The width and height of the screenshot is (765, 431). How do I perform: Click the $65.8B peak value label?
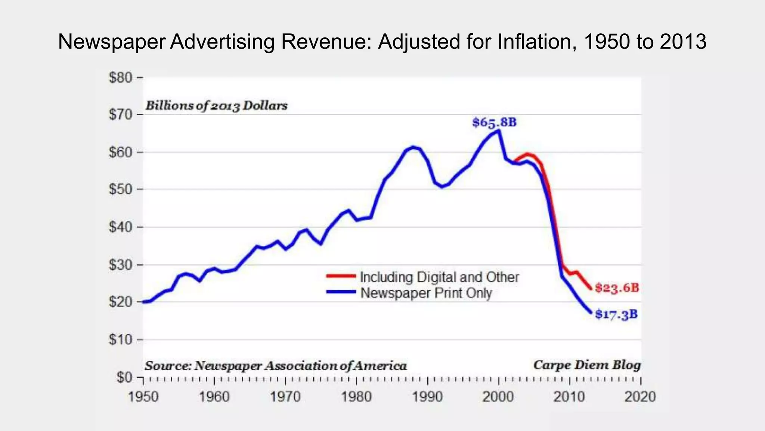pyautogui.click(x=494, y=122)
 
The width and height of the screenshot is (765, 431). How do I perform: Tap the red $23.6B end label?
pyautogui.click(x=617, y=288)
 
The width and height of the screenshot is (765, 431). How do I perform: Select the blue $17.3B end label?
pyautogui.click(x=616, y=314)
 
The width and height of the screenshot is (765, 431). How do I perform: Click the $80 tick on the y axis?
pyautogui.click(x=121, y=78)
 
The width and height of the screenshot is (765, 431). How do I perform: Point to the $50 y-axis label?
pyautogui.click(x=121, y=189)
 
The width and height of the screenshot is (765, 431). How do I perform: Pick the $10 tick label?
pyautogui.click(x=121, y=340)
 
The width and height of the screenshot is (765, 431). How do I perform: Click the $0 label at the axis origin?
pyautogui.click(x=124, y=377)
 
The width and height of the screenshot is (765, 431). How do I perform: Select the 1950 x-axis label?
pyautogui.click(x=143, y=397)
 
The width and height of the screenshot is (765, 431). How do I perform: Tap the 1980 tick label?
pyautogui.click(x=356, y=397)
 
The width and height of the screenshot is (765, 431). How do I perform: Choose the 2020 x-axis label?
pyautogui.click(x=640, y=397)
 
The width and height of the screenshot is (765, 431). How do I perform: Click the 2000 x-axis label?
pyautogui.click(x=498, y=397)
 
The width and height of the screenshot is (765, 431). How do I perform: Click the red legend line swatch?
pyautogui.click(x=341, y=276)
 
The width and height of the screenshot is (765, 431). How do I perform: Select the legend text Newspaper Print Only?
pyautogui.click(x=426, y=293)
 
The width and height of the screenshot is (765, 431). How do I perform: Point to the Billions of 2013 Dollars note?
pyautogui.click(x=216, y=106)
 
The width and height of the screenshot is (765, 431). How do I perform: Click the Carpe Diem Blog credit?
pyautogui.click(x=587, y=365)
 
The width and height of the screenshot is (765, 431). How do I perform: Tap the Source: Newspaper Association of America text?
pyautogui.click(x=276, y=366)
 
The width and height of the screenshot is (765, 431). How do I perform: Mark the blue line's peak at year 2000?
pyautogui.click(x=499, y=131)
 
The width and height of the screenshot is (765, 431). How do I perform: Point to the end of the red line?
pyautogui.click(x=591, y=288)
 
